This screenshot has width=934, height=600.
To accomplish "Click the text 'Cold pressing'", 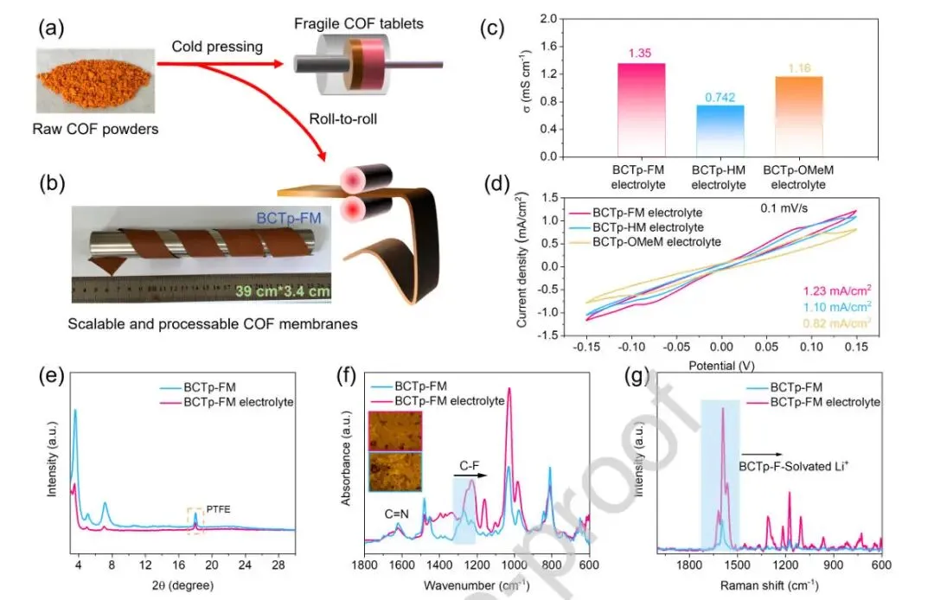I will [216, 47].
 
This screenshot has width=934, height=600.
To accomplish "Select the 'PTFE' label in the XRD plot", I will [212, 497].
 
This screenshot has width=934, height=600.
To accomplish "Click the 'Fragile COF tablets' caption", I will [368, 23].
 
